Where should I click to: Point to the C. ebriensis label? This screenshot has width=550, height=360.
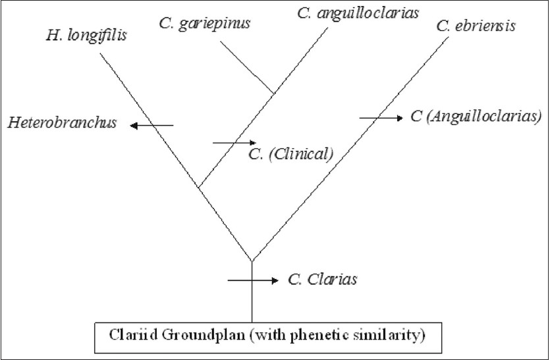tap(476, 26)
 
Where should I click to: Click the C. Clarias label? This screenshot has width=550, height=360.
tap(323, 280)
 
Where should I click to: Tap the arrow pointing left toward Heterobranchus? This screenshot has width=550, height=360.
tap(151, 125)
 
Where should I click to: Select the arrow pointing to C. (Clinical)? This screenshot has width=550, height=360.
tap(234, 141)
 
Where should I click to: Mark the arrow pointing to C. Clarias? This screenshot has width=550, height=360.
tap(252, 281)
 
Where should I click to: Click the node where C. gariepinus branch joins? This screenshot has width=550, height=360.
tap(273, 92)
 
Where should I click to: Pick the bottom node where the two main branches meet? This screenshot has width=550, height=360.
tap(252, 260)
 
